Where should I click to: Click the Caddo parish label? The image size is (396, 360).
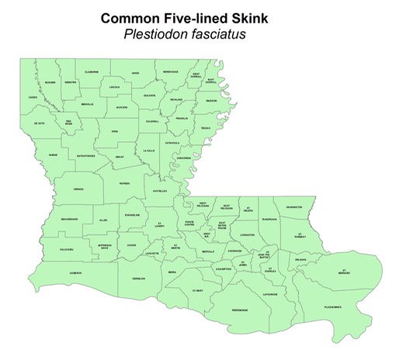33,97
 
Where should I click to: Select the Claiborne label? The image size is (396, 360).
91,72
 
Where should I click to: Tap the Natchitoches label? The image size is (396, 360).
85,156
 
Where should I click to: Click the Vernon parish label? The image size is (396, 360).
78,189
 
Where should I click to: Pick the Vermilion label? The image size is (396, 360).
139,278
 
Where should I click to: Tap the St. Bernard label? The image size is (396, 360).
344,272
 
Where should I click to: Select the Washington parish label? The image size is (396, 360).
294,207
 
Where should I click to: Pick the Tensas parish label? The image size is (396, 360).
205,128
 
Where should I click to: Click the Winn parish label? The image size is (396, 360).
114,132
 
